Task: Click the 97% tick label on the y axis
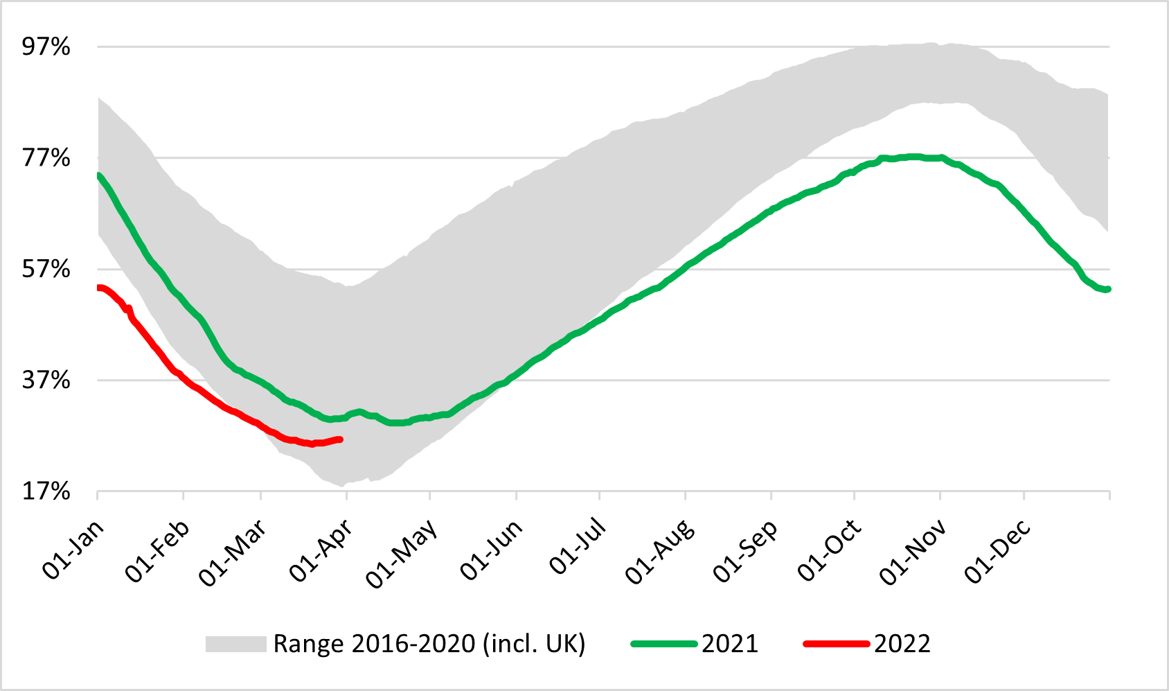coord(46,47)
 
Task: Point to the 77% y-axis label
coord(46,158)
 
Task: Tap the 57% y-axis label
coord(46,269)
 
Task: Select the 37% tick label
coord(46,380)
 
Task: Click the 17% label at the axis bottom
coord(46,491)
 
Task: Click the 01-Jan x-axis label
coord(73,550)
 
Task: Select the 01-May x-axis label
coord(402,553)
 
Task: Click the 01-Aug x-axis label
coord(660,552)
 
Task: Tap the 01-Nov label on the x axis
coord(913,552)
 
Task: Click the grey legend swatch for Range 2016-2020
coord(235,644)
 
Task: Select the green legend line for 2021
coord(663,644)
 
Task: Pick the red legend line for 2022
coord(836,644)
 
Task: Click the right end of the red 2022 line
coord(340,439)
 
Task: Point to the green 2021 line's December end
coord(1108,289)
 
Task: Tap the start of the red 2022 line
coord(98,288)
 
